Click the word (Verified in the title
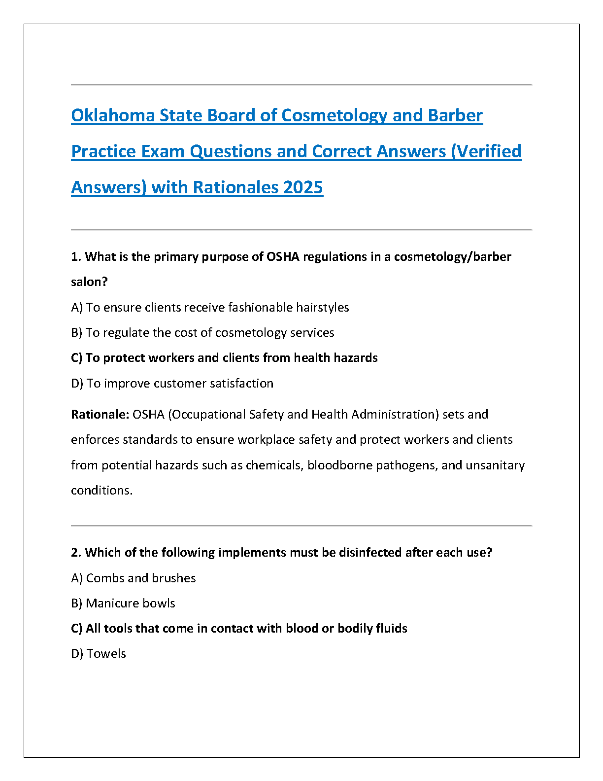point(486,151)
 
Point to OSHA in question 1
point(283,257)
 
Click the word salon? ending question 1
point(89,282)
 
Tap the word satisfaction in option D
point(241,384)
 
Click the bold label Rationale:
point(100,415)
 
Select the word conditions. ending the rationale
point(101,491)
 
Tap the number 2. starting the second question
point(76,553)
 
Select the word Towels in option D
point(106,654)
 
